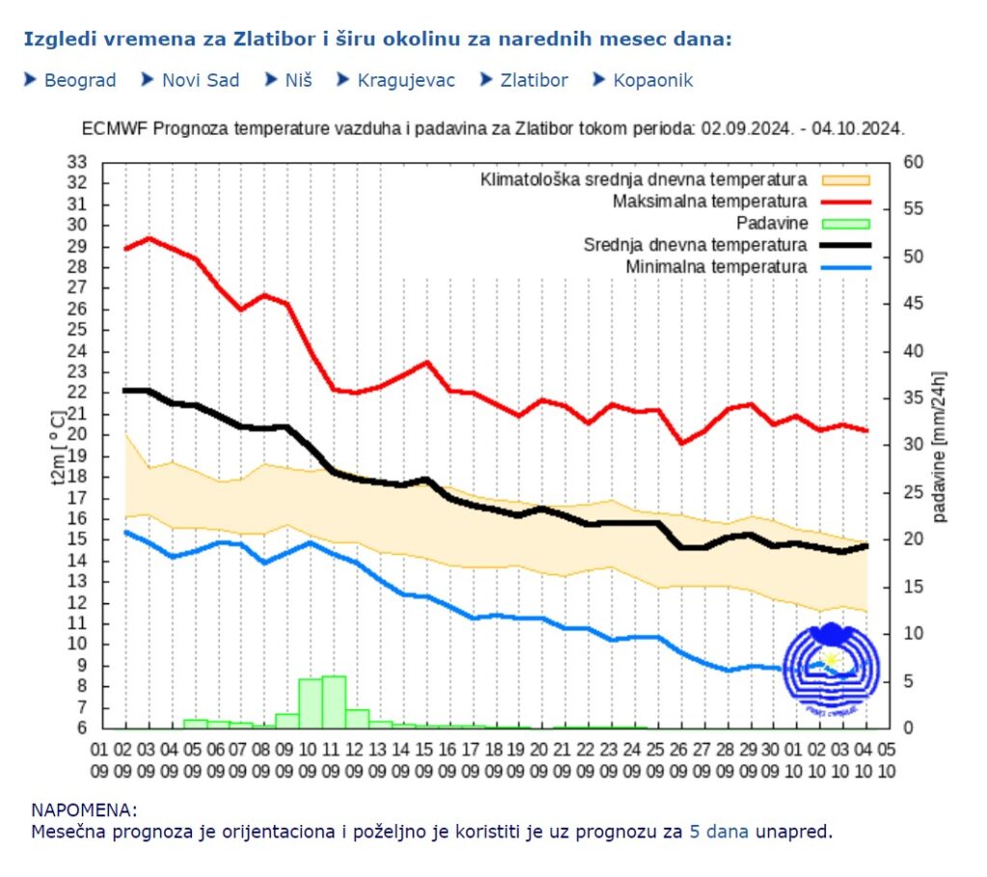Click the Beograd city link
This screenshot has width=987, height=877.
80,80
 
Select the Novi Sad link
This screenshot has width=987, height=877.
200,80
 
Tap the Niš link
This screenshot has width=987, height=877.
298,80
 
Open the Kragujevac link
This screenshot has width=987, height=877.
406,80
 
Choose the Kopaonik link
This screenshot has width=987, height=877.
653,80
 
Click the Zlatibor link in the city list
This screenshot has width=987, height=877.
534,80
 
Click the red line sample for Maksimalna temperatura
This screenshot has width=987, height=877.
845,201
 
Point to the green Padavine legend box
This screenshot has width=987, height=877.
845,223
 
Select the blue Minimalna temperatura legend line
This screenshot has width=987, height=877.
845,266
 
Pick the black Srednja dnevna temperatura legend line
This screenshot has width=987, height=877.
845,245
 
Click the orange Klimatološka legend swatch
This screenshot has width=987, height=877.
845,179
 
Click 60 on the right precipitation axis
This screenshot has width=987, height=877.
913,162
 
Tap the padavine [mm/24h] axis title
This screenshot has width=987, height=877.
940,445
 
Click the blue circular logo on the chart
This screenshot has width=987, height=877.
831,667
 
